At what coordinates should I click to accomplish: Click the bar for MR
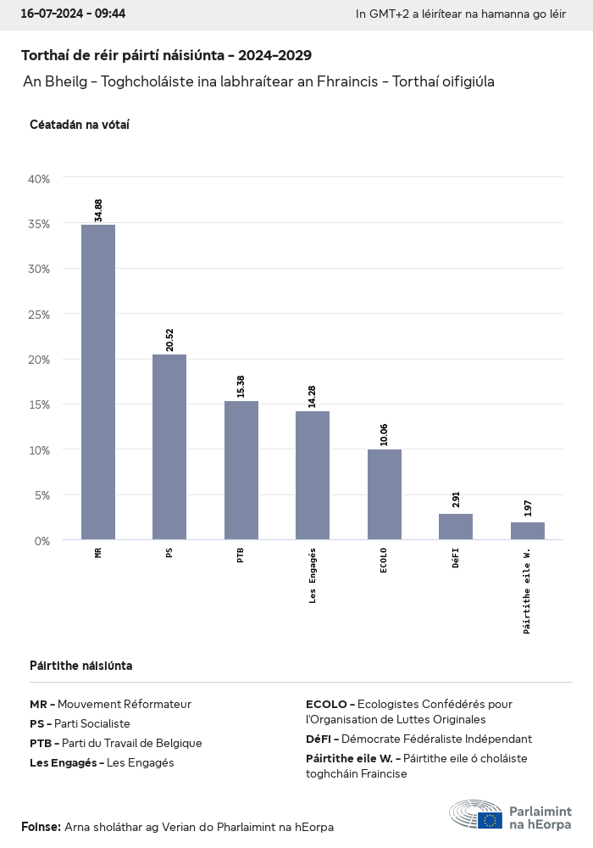(x=98, y=382)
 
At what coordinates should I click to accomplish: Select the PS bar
(x=169, y=447)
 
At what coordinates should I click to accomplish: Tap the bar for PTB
(x=241, y=470)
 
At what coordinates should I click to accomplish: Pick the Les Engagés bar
(x=313, y=475)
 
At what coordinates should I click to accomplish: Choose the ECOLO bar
(x=385, y=494)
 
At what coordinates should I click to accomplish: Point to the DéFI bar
(x=456, y=527)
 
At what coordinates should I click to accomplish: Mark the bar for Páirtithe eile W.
(x=528, y=531)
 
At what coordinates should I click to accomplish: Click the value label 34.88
(x=98, y=210)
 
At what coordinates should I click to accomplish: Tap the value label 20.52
(x=169, y=340)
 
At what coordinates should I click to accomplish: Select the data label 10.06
(x=385, y=435)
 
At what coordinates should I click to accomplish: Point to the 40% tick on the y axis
(x=40, y=179)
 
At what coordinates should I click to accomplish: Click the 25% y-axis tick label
(x=40, y=315)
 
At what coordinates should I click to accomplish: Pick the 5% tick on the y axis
(x=42, y=495)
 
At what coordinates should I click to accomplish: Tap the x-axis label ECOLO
(x=385, y=561)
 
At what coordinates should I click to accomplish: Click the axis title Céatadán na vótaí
(x=79, y=125)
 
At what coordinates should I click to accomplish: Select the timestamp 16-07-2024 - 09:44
(x=73, y=14)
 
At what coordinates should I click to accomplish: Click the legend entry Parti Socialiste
(x=80, y=723)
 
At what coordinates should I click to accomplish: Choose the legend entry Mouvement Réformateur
(x=110, y=704)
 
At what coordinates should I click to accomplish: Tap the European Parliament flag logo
(x=490, y=820)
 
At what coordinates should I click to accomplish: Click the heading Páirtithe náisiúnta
(x=80, y=666)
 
